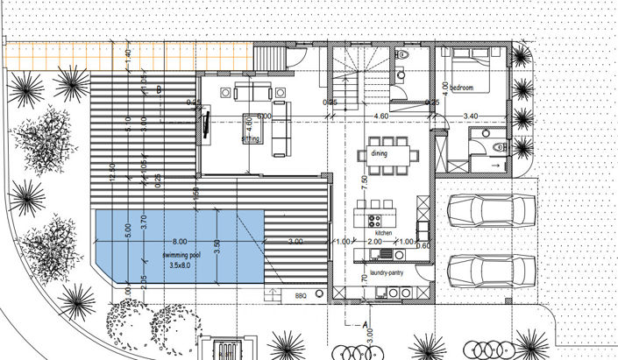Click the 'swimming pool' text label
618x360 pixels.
(x=182, y=254)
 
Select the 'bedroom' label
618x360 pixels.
(x=461, y=88)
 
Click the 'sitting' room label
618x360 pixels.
(x=252, y=138)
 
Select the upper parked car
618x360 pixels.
(x=491, y=209)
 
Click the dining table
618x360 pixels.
(x=387, y=154)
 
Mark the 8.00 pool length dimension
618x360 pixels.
(x=180, y=241)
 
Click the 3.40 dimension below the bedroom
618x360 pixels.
(x=470, y=116)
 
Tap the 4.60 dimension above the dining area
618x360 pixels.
(x=380, y=116)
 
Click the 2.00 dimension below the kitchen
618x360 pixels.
(x=374, y=242)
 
